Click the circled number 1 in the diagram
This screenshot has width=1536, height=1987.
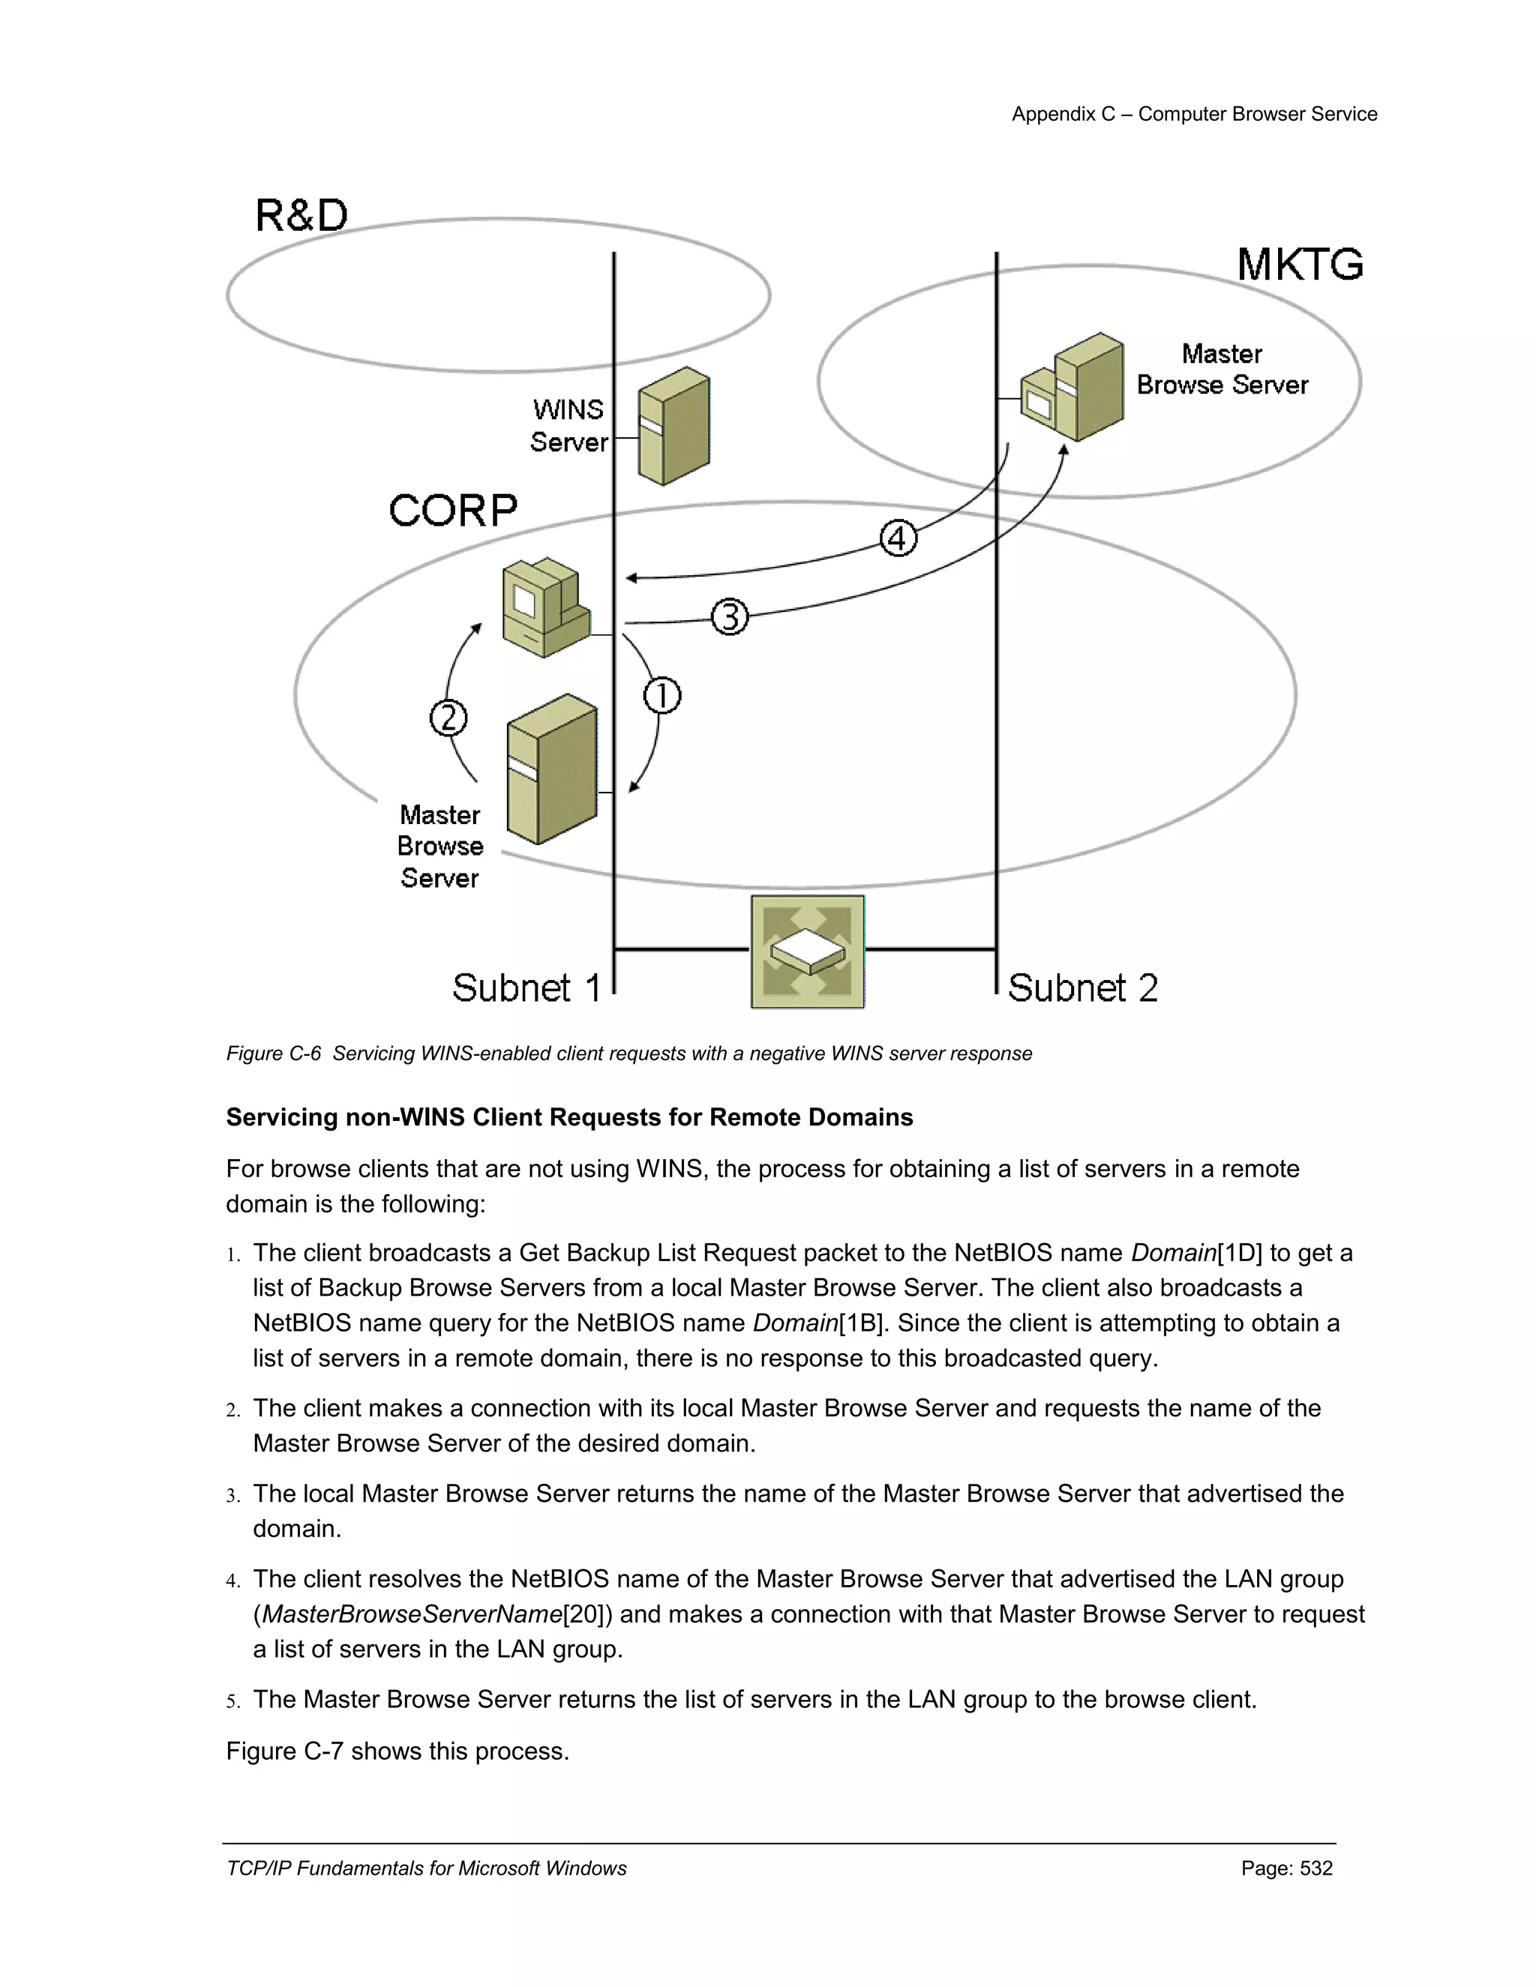pos(661,696)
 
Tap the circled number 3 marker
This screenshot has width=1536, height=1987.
pos(729,617)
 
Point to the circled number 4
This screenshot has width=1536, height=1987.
pos(898,538)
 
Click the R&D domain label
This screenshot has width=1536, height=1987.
pos(301,217)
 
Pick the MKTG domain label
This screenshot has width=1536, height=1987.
pos(1300,265)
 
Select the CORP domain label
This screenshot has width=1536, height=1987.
pos(452,511)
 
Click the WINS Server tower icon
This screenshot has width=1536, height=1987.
pos(673,426)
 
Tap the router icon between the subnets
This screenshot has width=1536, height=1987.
pos(807,951)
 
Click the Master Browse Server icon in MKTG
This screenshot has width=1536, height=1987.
pos(1074,388)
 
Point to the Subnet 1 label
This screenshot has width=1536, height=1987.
pos(526,988)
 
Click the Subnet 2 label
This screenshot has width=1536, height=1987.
pos(1082,988)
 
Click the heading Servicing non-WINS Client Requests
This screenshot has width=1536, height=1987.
pos(568,1117)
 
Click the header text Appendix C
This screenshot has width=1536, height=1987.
pos(1063,114)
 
